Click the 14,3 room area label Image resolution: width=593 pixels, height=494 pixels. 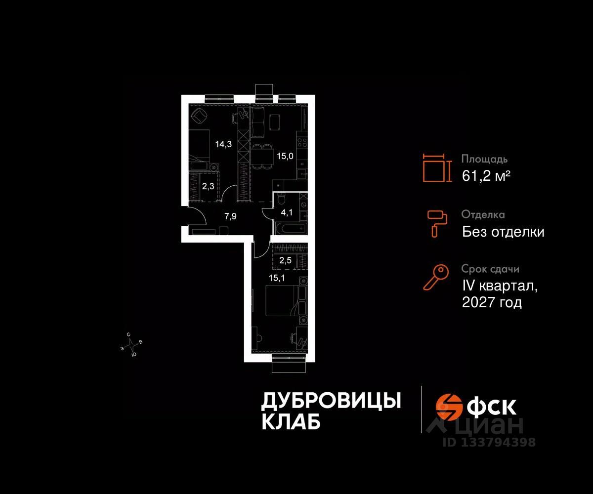coord(222,144)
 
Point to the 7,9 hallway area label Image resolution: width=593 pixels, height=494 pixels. coord(230,216)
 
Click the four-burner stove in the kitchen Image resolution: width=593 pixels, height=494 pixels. coord(302,142)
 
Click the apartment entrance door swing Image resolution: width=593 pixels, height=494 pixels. coord(196,216)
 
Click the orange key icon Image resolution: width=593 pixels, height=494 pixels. coord(435,277)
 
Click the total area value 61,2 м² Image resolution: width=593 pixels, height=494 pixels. coord(486,175)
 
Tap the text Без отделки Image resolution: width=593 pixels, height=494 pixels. coord(503,231)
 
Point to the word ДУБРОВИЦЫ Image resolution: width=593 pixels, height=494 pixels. coord(331,401)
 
